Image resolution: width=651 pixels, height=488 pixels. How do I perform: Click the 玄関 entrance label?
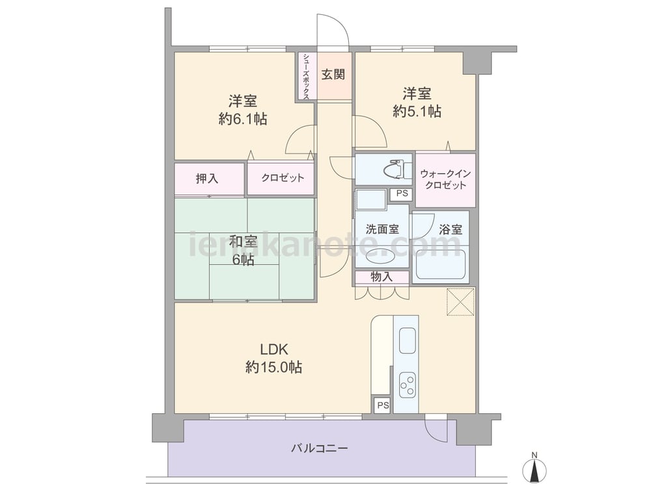click(333, 75)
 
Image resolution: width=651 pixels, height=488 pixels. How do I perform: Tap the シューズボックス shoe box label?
click(306, 76)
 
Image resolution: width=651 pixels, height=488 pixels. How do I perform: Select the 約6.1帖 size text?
click(243, 119)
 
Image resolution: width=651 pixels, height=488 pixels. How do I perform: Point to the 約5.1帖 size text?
click(417, 111)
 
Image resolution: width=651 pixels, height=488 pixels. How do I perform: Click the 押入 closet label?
click(207, 178)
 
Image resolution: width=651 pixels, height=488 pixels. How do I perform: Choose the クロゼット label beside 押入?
click(283, 178)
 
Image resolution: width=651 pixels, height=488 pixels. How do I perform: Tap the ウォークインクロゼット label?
click(445, 180)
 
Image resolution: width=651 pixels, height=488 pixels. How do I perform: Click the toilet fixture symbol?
click(396, 169)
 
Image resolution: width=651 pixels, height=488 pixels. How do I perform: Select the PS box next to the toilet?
click(402, 194)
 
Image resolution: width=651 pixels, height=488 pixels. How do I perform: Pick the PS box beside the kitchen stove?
click(383, 405)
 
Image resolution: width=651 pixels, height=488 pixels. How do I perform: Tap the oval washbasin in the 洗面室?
click(380, 256)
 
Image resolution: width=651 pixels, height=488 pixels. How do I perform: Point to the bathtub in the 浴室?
click(440, 264)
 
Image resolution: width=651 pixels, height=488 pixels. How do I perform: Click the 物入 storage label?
click(381, 277)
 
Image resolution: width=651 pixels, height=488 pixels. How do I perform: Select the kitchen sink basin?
click(408, 341)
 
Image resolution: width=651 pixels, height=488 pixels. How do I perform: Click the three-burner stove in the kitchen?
click(408, 385)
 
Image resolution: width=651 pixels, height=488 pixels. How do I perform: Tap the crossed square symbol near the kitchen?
click(460, 302)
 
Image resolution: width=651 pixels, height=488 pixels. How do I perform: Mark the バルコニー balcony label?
click(319, 448)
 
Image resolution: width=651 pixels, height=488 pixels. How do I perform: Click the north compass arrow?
click(534, 470)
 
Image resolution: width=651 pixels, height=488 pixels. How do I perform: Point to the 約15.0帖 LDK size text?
click(273, 367)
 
